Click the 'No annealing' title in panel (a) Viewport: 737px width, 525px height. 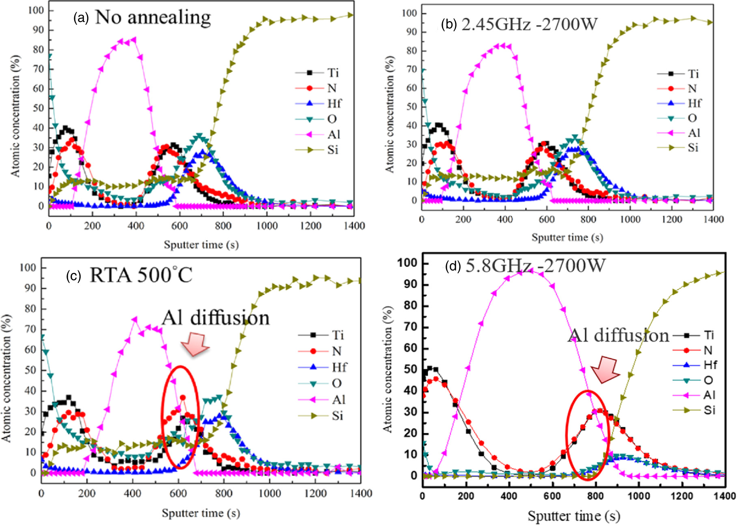153,17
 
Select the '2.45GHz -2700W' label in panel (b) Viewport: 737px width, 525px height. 529,24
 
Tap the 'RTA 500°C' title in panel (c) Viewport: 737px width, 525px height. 140,275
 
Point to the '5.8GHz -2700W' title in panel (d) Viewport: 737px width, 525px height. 535,266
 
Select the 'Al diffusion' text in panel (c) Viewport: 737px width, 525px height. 215,318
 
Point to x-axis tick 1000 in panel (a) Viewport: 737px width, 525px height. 267,226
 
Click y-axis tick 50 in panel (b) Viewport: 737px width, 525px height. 412,107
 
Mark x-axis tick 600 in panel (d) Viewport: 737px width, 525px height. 552,496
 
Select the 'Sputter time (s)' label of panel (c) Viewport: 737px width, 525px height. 200,513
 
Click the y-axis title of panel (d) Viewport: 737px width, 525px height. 388,369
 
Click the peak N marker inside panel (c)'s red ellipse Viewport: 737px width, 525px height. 183,398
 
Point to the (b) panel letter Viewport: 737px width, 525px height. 449,25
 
